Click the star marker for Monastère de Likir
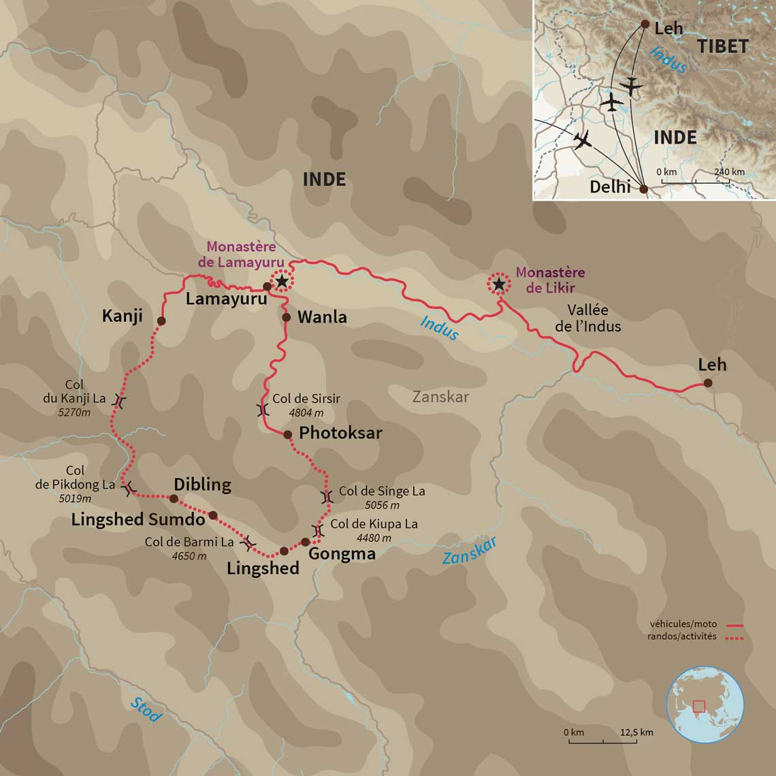[x=499, y=284]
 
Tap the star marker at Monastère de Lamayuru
[x=282, y=280]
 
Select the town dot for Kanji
[x=161, y=321]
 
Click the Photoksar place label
[x=340, y=433]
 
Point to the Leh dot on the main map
[x=708, y=383]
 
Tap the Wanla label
[x=322, y=317]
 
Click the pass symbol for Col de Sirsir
[x=263, y=410]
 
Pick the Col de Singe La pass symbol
[x=327, y=497]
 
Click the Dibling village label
[x=202, y=485]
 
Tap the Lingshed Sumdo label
[x=138, y=520]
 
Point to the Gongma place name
[x=342, y=554]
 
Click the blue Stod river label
[x=146, y=710]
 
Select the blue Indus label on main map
[x=439, y=328]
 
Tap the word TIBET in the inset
[x=722, y=46]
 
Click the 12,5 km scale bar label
[x=636, y=732]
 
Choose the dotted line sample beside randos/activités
[x=734, y=638]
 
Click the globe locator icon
[x=705, y=705]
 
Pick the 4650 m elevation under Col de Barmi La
[x=189, y=556]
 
